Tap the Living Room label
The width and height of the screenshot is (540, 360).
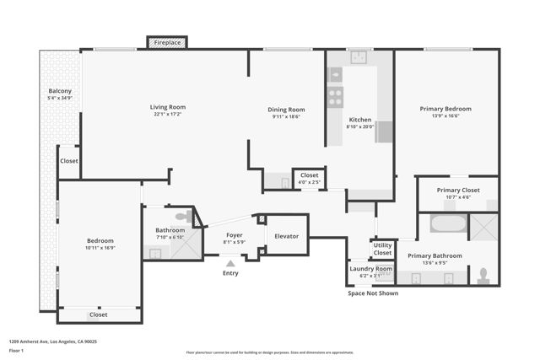click(168, 107)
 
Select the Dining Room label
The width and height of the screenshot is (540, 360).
click(286, 109)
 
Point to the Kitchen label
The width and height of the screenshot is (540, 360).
click(360, 121)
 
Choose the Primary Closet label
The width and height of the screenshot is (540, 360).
click(458, 190)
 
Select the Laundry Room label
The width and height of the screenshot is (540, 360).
click(371, 268)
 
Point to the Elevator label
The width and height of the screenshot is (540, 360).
click(286, 236)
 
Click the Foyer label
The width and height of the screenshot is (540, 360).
click(233, 236)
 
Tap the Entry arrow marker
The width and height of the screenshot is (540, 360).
click(230, 262)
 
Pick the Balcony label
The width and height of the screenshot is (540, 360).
click(60, 91)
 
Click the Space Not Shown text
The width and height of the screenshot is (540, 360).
click(372, 293)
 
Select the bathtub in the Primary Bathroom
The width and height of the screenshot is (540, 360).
click(447, 224)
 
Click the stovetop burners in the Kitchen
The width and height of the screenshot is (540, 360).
click(336, 95)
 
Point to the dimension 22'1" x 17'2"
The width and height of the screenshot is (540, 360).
click(168, 115)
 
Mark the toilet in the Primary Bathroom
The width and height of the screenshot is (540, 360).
click(483, 274)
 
